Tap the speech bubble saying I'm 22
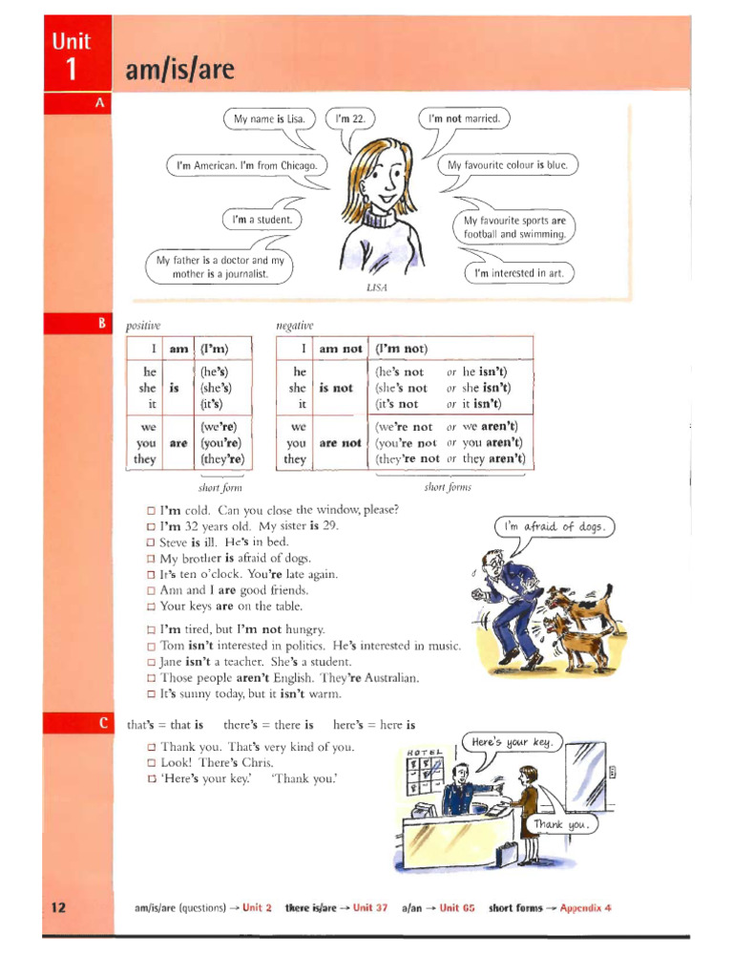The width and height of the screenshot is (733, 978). tap(351, 118)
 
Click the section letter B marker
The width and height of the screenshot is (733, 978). tap(100, 324)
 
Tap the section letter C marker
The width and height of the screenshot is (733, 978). tap(100, 724)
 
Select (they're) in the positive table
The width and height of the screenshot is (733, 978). tap(221, 459)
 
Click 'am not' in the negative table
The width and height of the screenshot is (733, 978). tap(339, 350)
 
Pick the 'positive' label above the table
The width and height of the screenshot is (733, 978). tap(143, 326)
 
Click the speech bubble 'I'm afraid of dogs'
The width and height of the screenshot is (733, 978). tap(555, 526)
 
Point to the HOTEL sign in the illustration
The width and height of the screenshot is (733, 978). tap(425, 751)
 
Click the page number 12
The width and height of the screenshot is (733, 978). tap(58, 907)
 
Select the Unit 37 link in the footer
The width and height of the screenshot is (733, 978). tap(370, 907)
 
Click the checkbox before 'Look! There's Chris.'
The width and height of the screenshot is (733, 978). tap(151, 763)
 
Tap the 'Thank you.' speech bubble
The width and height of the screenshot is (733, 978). tap(563, 824)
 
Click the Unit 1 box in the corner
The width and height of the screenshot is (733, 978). tap(72, 56)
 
